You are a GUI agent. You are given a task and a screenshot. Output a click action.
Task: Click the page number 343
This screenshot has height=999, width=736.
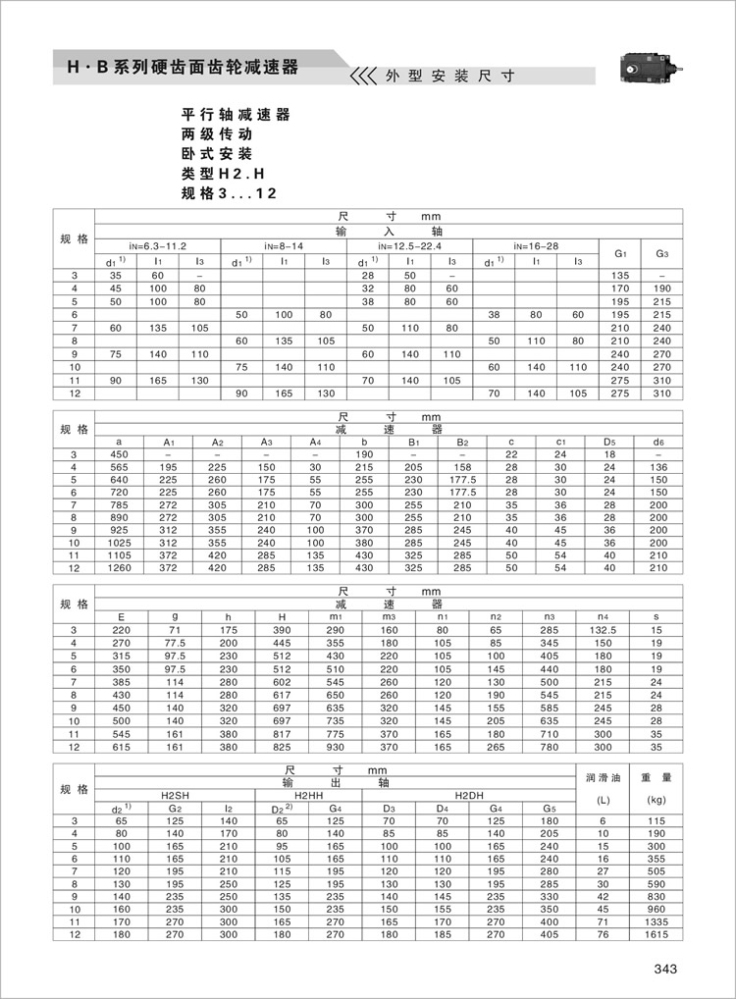[x=665, y=970]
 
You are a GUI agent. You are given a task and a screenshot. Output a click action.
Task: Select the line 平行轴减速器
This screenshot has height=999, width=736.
[x=236, y=115]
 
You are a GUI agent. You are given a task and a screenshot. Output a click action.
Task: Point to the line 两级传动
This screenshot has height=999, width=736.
[x=217, y=134]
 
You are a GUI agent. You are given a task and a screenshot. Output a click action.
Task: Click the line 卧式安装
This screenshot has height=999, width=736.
[x=217, y=154]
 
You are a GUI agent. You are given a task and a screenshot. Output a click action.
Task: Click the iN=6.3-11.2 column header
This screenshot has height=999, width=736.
[x=157, y=244]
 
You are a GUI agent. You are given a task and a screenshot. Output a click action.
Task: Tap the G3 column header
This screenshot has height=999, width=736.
[x=661, y=254]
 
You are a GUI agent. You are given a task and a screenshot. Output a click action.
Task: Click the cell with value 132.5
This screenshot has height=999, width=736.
[x=603, y=629]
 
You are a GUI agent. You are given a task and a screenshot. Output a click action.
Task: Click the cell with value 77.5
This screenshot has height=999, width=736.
[x=176, y=642]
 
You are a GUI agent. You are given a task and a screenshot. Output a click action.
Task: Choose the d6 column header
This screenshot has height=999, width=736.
[x=658, y=442]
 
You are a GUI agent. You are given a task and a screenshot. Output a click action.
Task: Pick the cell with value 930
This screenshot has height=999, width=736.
[x=337, y=747]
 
